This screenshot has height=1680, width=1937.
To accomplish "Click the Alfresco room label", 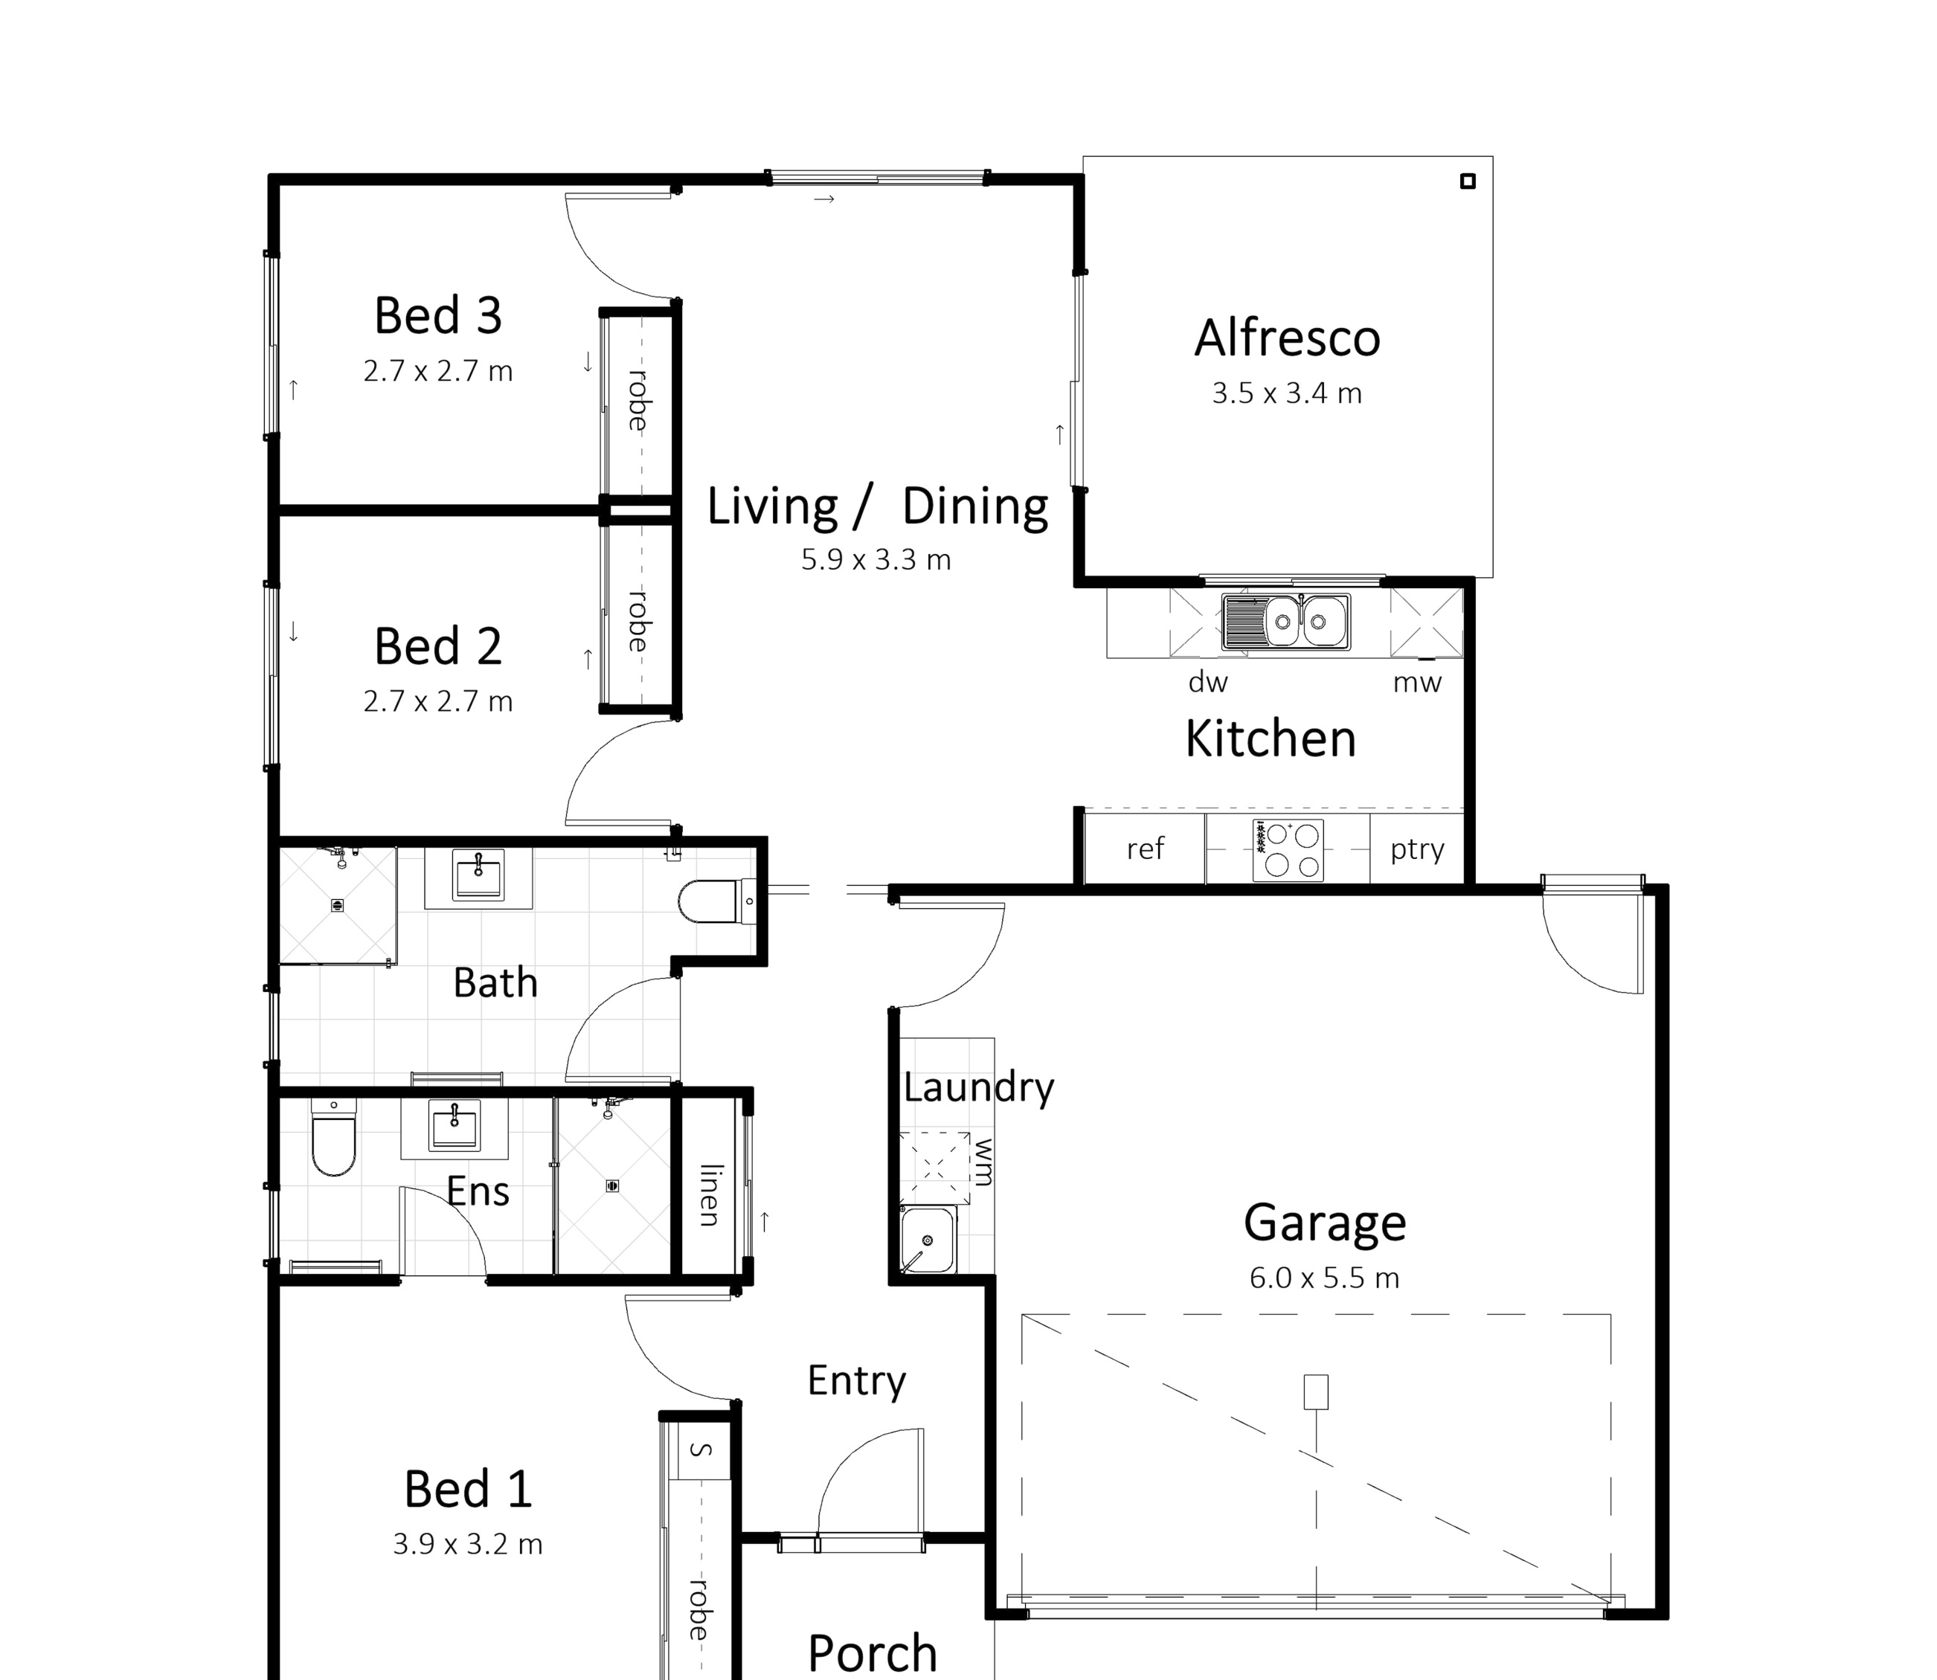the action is pyautogui.click(x=1288, y=338).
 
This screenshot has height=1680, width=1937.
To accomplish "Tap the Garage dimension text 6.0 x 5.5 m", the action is pyautogui.click(x=1324, y=1278).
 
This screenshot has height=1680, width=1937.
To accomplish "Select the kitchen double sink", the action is pyautogui.click(x=1286, y=622).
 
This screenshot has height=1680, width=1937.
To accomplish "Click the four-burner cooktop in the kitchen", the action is pyautogui.click(x=1288, y=849).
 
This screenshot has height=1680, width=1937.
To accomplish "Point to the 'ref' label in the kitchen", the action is pyautogui.click(x=1145, y=849).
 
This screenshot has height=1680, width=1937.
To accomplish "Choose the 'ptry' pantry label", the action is pyautogui.click(x=1416, y=850).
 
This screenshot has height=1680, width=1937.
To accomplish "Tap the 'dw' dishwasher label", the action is pyautogui.click(x=1207, y=683).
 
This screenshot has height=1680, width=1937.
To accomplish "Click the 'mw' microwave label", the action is pyautogui.click(x=1416, y=683).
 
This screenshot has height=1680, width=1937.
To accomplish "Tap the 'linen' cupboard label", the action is pyautogui.click(x=710, y=1195).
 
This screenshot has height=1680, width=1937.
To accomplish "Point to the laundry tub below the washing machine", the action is pyautogui.click(x=928, y=1240).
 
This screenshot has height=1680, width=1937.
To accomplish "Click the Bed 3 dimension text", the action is pyautogui.click(x=438, y=371).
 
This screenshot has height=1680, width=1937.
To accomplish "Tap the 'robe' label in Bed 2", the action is pyautogui.click(x=638, y=621).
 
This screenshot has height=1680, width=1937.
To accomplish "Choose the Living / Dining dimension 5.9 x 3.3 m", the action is pyautogui.click(x=876, y=560).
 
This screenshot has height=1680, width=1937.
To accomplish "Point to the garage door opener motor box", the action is pyautogui.click(x=1317, y=1391).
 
